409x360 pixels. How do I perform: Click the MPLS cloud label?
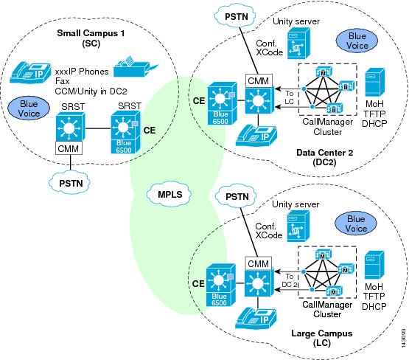169,195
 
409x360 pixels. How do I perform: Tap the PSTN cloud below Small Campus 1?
70,183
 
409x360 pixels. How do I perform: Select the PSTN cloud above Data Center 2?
235,17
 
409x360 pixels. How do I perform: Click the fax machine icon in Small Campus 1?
136,67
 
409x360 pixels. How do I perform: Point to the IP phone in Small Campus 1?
30,73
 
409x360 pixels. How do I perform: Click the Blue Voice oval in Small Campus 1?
29,108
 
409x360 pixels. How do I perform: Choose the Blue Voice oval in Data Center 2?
357,41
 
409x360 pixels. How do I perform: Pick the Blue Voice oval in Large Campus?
356,224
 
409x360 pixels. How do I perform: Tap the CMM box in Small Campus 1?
69,148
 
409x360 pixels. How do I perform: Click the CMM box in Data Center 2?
259,80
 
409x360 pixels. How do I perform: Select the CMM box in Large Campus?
259,263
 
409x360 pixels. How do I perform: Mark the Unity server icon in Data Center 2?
299,44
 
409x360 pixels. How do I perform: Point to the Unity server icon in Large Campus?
298,226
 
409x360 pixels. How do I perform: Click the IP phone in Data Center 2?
256,136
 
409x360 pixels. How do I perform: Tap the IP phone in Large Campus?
256,318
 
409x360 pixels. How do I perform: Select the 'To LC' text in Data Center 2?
289,97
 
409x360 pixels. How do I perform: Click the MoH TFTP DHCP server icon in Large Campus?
374,265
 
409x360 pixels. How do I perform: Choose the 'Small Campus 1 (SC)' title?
91,38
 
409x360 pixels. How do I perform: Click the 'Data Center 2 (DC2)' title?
324,157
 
